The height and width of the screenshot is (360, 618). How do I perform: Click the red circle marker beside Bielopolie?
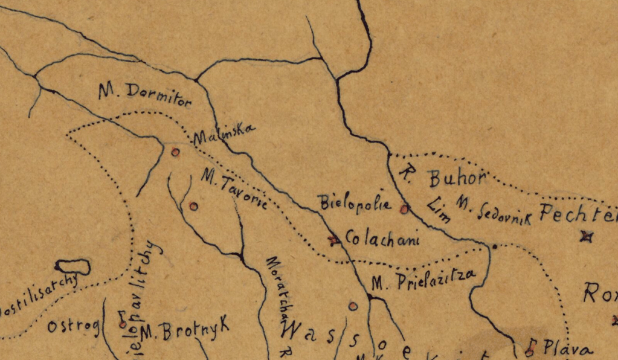pos(404,209)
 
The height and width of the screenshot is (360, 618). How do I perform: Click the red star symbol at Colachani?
pos(332,240)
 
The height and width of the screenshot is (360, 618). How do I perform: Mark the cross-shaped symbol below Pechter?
pos(584,237)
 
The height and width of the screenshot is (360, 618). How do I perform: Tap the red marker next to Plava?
pos(531,347)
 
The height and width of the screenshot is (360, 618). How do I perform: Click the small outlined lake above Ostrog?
pos(72,266)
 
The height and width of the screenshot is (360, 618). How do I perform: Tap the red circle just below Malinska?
pos(175,152)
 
